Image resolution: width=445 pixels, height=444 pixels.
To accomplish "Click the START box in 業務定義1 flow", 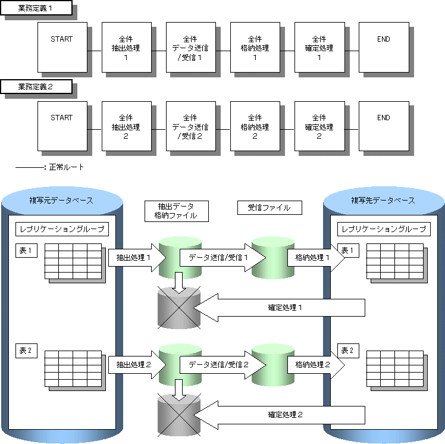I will pyautogui.click(x=62, y=46).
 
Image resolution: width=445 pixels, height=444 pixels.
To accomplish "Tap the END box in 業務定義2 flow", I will pyautogui.click(x=384, y=125).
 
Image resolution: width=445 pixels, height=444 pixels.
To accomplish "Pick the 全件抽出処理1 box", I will pyautogui.click(x=126, y=46).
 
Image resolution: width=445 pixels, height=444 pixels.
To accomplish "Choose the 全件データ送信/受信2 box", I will pyautogui.click(x=190, y=125).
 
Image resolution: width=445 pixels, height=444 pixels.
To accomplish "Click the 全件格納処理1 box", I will pyautogui.click(x=255, y=46).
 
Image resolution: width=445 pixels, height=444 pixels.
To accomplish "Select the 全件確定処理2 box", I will pyautogui.click(x=319, y=125).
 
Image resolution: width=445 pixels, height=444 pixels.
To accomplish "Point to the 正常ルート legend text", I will pyautogui.click(x=66, y=167).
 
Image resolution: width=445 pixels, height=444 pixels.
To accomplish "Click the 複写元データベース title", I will pyautogui.click(x=61, y=201).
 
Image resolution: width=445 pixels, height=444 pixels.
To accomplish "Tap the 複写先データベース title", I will pyautogui.click(x=383, y=201).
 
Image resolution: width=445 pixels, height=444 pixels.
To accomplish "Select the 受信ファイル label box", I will pyautogui.click(x=269, y=208).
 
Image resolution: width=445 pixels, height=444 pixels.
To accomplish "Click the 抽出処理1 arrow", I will pyautogui.click(x=131, y=258).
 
